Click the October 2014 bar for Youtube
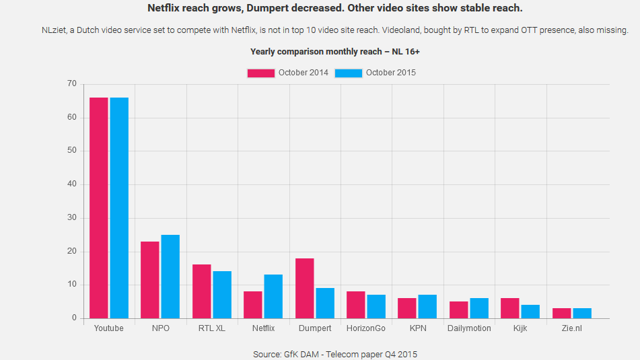pyautogui.click(x=99, y=208)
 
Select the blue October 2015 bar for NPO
pyautogui.click(x=170, y=277)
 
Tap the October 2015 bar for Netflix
pyautogui.click(x=273, y=297)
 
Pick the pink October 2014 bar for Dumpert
pyautogui.click(x=305, y=288)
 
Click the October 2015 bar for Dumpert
pyautogui.click(x=325, y=303)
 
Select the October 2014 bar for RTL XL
pyautogui.click(x=202, y=291)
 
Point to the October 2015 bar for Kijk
pyautogui.click(x=530, y=312)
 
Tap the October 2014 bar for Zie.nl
pyautogui.click(x=562, y=314)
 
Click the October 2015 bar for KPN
pyautogui.click(x=427, y=307)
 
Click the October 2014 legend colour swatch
pyautogui.click(x=261, y=73)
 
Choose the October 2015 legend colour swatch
pyautogui.click(x=349, y=73)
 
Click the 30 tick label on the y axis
pyautogui.click(x=72, y=218)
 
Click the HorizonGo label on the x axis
pyautogui.click(x=366, y=328)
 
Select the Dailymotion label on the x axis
pyautogui.click(x=469, y=328)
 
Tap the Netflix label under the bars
pyautogui.click(x=263, y=328)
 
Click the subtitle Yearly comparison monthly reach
pyautogui.click(x=335, y=52)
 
